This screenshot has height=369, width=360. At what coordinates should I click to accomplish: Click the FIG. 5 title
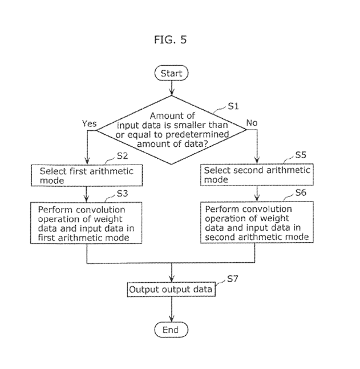(x=170, y=40)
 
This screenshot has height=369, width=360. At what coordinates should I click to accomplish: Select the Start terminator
(x=171, y=73)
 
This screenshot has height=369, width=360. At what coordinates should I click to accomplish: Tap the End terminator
(x=171, y=330)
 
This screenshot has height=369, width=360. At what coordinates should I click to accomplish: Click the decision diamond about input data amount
(x=171, y=130)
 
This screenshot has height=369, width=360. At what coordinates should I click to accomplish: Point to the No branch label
(x=252, y=122)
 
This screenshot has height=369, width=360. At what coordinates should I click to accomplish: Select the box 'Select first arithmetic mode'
(x=86, y=175)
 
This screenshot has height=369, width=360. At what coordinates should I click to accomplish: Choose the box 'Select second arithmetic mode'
(x=257, y=174)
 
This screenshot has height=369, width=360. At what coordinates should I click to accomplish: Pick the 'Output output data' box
(x=171, y=290)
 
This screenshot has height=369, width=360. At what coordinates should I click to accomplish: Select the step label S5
(x=301, y=155)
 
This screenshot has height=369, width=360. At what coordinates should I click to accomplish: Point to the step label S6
(x=301, y=194)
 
